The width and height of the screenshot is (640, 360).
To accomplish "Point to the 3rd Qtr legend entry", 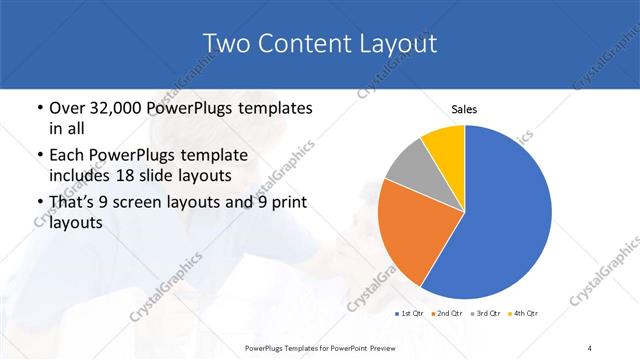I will [486, 314].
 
